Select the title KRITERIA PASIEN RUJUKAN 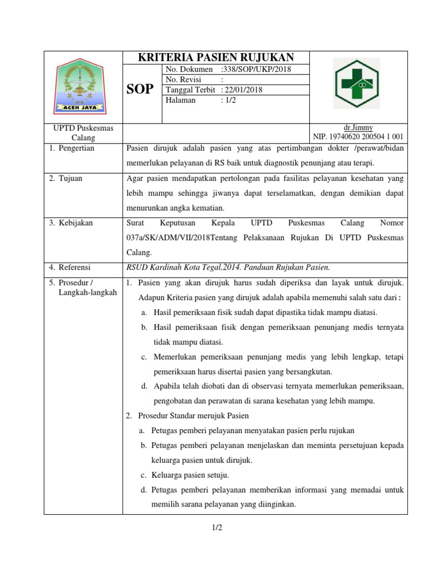215,57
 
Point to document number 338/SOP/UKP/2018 255,70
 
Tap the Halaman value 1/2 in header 227,100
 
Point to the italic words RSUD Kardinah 152,268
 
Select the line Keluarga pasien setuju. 190,475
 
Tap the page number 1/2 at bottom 217,528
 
